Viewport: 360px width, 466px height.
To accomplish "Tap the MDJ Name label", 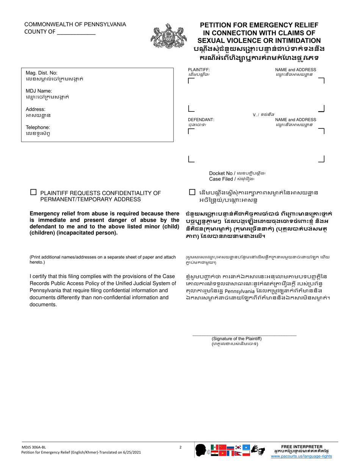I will pyautogui.click(x=39, y=91).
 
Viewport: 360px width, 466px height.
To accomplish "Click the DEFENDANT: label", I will pyautogui.click(x=201, y=120).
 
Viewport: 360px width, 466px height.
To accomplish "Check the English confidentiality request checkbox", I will pyautogui.click(x=33, y=192).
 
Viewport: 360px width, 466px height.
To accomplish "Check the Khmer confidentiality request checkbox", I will pyautogui.click(x=193, y=192).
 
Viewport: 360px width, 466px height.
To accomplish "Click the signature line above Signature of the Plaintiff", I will pyautogui.click(x=244, y=335).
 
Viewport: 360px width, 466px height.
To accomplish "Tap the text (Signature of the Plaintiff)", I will pyautogui.click(x=236, y=339).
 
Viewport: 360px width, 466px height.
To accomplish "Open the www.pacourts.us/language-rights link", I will pyautogui.click(x=301, y=457).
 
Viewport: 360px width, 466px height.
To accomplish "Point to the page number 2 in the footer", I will pyautogui.click(x=180, y=447).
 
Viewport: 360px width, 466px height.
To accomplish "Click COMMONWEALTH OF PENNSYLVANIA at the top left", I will pyautogui.click(x=75, y=25).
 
